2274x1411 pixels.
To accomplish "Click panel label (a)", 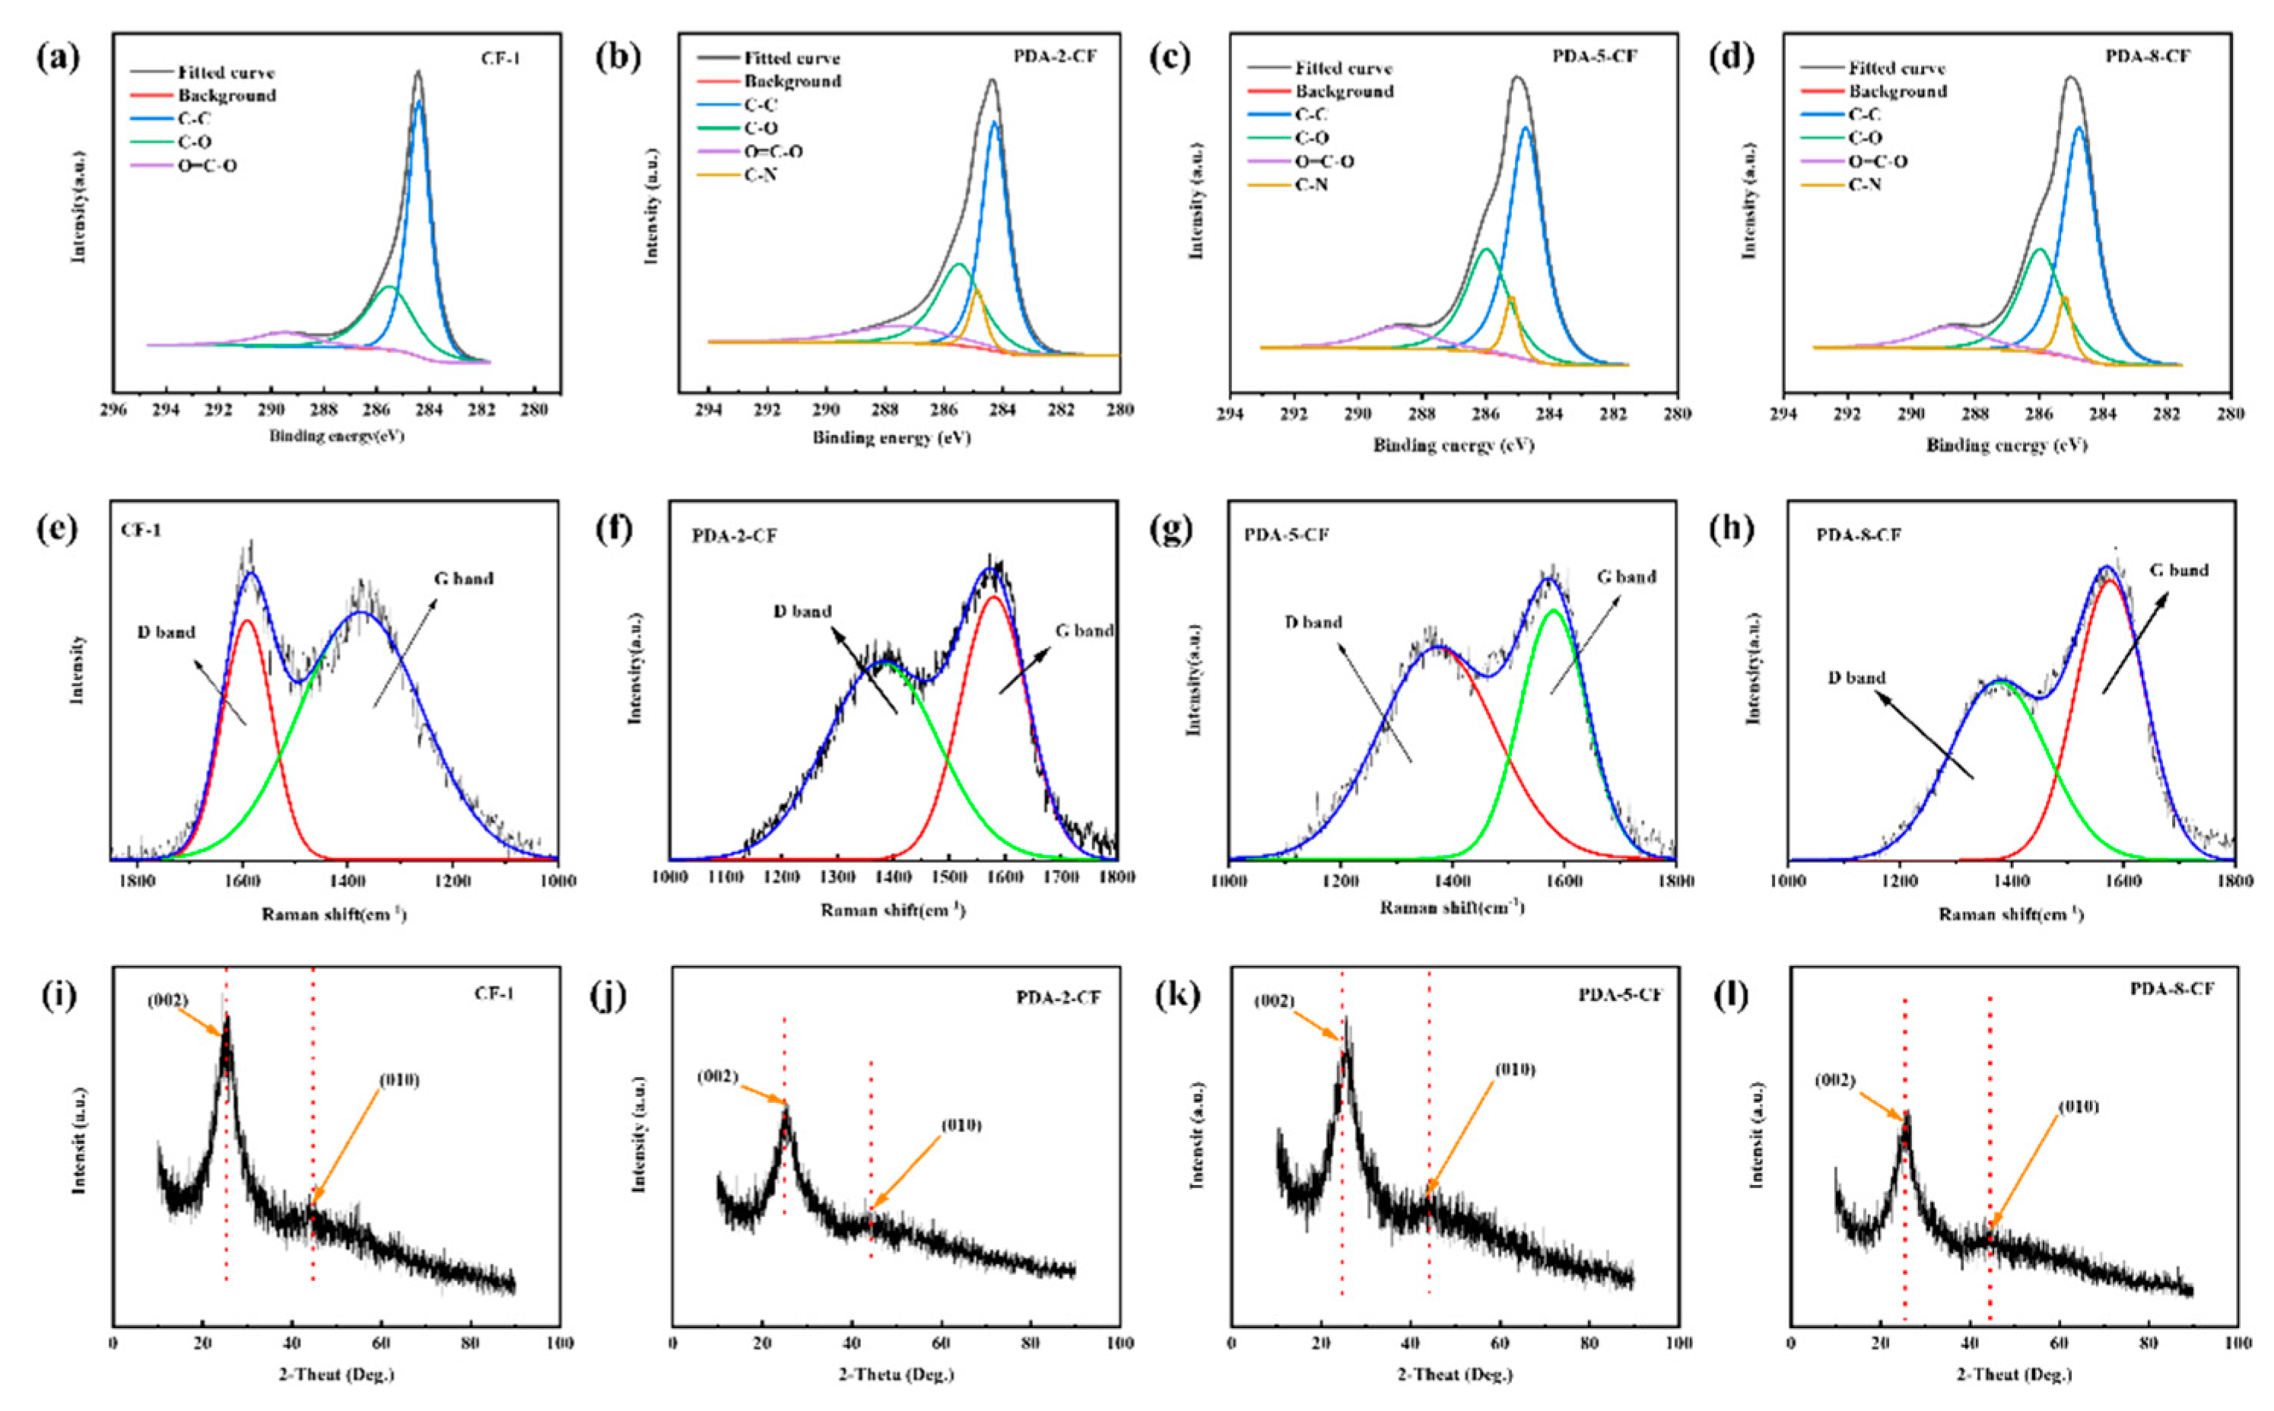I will tap(58, 59).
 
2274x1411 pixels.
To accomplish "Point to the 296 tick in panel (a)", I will tap(113, 408).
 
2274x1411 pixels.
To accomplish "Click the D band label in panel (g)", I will tap(1313, 622).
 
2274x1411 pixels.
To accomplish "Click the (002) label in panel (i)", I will tap(168, 1001).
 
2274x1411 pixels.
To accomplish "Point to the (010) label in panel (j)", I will tap(960, 1126).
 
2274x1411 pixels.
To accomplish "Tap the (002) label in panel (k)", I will tap(1274, 1001).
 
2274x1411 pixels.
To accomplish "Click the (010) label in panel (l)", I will tap(2079, 1107).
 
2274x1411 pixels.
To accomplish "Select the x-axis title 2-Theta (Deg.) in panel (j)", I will tap(896, 1374).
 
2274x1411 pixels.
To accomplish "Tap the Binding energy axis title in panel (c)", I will tap(1453, 446).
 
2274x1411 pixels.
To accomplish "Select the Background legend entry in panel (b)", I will tap(792, 81).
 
